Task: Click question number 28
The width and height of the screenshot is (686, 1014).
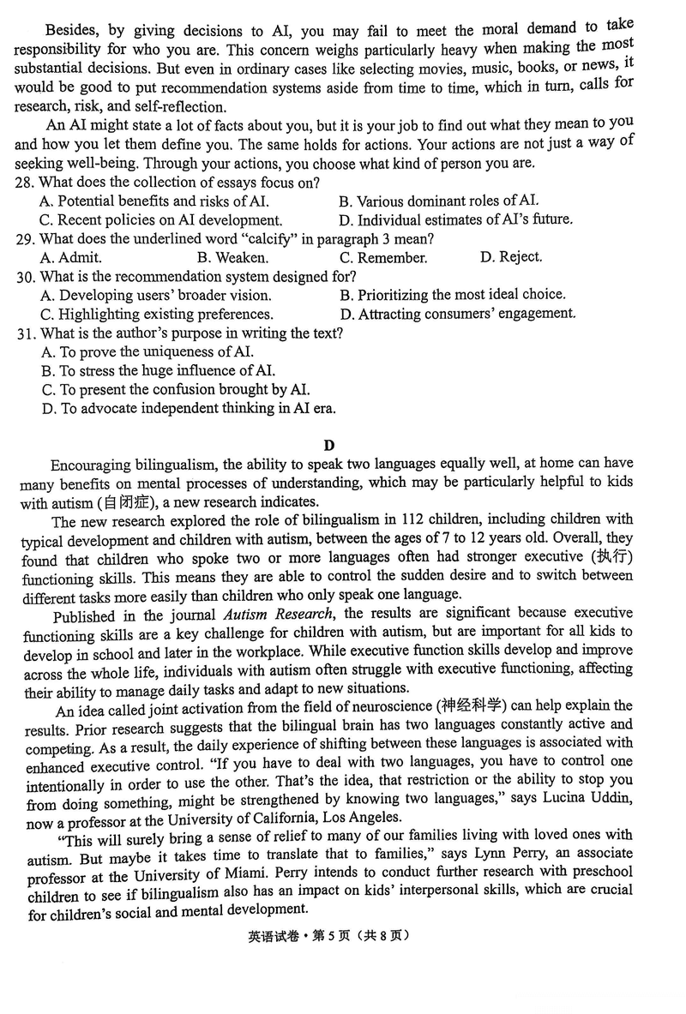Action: (x=25, y=183)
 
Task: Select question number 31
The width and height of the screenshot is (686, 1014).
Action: (x=25, y=333)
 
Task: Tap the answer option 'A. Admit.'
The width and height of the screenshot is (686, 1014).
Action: (x=70, y=257)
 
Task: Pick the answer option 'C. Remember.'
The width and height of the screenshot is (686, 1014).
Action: (x=382, y=257)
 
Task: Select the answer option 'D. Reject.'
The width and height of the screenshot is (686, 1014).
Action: (x=511, y=256)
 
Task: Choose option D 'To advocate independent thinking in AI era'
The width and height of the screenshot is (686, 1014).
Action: (x=188, y=408)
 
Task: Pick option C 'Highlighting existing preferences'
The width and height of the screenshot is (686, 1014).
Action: (x=156, y=314)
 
